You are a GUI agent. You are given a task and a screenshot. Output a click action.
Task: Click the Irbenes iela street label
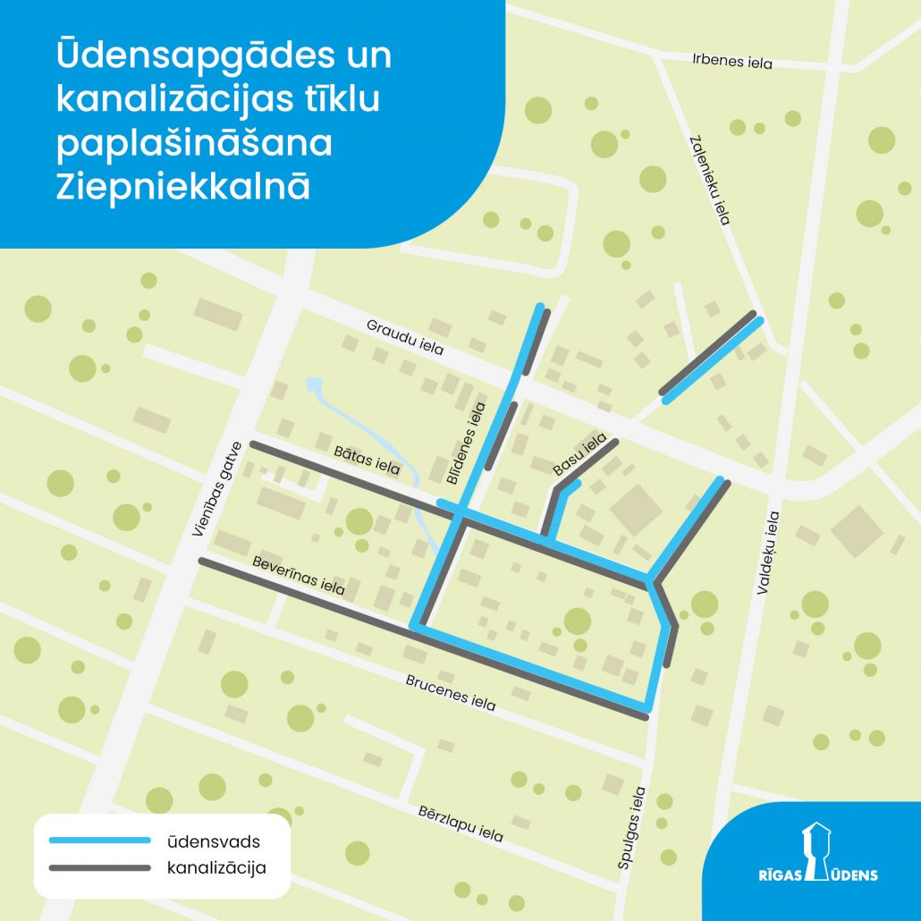(x=731, y=63)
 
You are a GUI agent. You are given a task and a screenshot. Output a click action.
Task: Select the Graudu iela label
(x=405, y=337)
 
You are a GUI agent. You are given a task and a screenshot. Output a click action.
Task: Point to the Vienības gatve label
(x=216, y=489)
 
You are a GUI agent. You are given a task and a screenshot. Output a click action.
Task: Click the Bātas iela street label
(x=367, y=460)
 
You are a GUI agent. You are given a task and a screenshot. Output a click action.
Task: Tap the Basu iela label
(x=579, y=453)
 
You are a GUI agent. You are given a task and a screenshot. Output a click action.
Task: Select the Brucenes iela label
(x=451, y=690)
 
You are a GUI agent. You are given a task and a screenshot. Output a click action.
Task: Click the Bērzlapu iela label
(x=460, y=824)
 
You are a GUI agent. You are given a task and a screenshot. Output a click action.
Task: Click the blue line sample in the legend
(x=100, y=841)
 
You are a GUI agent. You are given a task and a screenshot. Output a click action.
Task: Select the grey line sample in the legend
(x=100, y=867)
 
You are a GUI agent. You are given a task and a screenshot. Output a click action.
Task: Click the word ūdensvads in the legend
(x=211, y=841)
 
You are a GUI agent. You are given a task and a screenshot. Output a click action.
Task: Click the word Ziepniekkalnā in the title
(x=184, y=187)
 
